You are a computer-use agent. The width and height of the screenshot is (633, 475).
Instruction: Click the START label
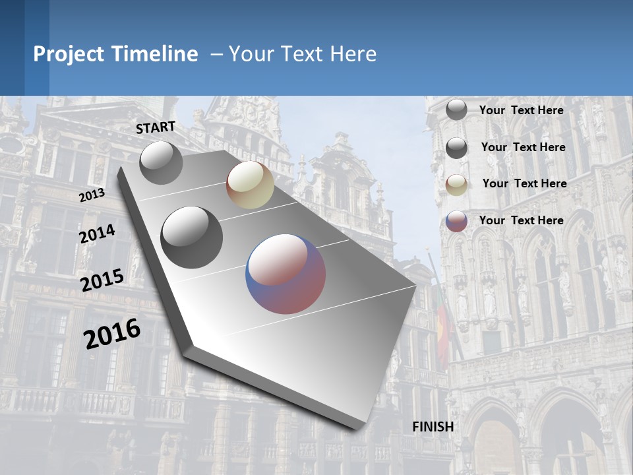(x=156, y=127)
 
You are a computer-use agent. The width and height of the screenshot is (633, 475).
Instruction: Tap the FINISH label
(x=433, y=427)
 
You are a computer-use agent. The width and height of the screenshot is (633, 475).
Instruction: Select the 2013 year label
(x=92, y=195)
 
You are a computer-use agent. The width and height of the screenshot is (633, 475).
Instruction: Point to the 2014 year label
(x=97, y=234)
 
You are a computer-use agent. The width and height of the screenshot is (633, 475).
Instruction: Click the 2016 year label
(x=112, y=333)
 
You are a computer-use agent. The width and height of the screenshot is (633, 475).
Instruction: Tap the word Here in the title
(x=353, y=54)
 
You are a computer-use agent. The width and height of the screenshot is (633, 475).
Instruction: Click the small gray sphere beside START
(x=162, y=162)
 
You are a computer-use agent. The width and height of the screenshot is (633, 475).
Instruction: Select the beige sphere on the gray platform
(x=250, y=185)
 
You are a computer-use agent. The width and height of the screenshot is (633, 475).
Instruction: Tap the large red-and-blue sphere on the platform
(x=286, y=273)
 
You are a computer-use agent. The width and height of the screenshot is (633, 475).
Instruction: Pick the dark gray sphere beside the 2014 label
(x=191, y=237)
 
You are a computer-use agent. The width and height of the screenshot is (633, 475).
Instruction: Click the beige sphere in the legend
(x=456, y=184)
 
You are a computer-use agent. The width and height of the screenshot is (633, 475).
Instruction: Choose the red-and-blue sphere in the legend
(x=456, y=221)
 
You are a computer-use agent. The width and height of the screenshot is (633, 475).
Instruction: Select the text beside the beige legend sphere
(x=524, y=183)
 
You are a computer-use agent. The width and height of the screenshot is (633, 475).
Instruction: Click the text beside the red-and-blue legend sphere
(x=522, y=220)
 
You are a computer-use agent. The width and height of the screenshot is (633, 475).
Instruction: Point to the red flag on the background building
(x=442, y=330)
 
